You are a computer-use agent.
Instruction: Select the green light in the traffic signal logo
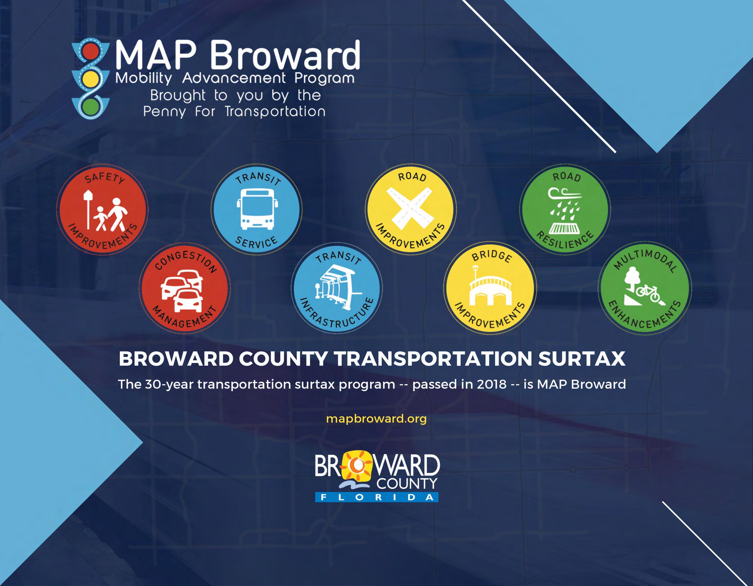coord(90,107)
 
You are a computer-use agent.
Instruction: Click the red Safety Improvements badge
coord(102,210)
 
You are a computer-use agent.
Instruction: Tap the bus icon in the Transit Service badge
coord(257,209)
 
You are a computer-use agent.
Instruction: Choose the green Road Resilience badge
coord(565,209)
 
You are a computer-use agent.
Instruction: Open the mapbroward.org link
coord(376,419)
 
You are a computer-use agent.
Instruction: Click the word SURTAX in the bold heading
coord(582,359)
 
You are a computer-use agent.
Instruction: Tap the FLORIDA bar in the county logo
coord(376,497)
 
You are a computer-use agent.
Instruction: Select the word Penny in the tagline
coord(164,112)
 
